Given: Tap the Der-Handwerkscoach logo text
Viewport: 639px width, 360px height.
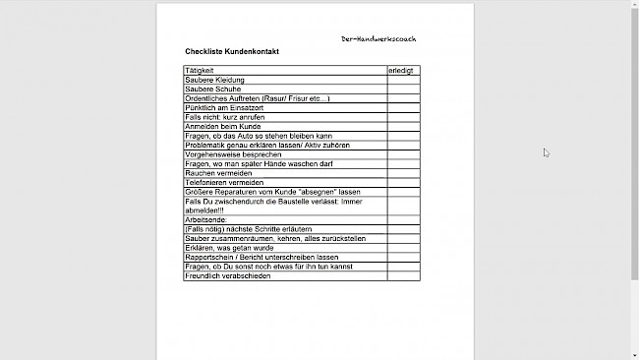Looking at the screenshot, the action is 378,39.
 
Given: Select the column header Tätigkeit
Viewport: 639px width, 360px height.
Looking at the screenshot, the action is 200,71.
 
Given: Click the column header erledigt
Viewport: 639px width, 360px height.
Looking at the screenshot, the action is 401,71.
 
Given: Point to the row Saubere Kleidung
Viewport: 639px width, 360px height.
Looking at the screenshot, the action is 215,80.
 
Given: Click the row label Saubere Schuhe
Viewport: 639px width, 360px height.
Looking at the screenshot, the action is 213,89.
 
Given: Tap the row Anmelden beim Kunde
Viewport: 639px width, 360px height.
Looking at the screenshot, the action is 222,126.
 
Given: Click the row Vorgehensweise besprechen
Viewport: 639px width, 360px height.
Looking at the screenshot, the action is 232,154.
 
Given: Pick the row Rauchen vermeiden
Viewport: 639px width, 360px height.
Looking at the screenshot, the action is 217,173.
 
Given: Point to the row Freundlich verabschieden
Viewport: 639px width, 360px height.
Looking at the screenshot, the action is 227,276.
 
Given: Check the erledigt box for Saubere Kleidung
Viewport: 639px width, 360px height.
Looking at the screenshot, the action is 403,80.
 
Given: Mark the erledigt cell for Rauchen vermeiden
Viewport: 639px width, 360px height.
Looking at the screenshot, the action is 403,173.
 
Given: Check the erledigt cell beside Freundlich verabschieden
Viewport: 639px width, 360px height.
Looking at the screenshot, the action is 403,276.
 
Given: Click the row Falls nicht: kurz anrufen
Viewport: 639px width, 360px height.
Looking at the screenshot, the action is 224,117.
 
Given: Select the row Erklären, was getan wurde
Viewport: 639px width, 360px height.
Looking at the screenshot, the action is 229,248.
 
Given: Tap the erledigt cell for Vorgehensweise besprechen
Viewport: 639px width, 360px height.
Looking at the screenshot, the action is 403,154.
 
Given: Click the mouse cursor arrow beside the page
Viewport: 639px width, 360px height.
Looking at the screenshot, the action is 546,152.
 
